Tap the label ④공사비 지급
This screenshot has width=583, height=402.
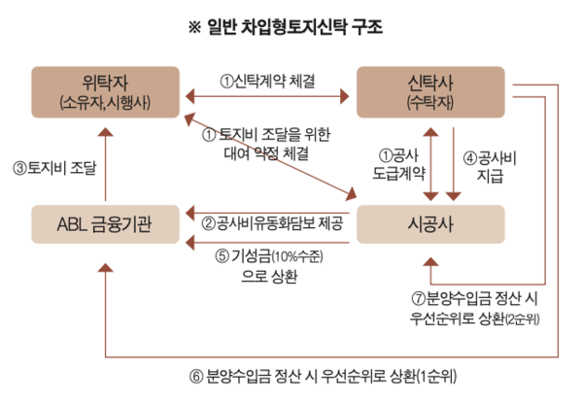click(493, 165)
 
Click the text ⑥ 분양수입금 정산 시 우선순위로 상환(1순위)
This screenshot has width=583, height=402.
click(326, 376)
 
